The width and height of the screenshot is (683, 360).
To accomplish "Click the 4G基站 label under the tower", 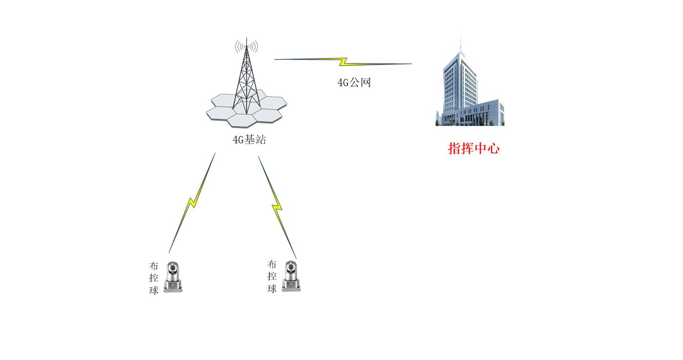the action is (250, 140).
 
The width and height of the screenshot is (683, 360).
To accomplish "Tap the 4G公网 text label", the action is (354, 82).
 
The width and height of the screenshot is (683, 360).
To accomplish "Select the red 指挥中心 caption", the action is (473, 148).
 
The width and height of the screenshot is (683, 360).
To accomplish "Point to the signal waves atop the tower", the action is (246, 46).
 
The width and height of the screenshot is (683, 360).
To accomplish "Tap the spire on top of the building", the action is (460, 44).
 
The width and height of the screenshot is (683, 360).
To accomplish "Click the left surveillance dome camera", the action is (173, 277).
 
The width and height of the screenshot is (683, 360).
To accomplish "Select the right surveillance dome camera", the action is (291, 276).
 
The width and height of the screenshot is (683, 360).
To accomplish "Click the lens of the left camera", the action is (173, 268).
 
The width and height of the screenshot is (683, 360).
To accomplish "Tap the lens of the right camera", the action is (291, 267).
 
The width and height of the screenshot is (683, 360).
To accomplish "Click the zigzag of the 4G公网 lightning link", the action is (344, 62).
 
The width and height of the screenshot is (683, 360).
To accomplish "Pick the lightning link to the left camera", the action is (192, 203).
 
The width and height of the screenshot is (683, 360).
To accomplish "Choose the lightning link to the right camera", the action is (277, 207).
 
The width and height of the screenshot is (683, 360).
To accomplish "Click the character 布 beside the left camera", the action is (154, 266).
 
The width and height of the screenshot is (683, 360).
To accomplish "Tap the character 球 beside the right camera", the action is (272, 288).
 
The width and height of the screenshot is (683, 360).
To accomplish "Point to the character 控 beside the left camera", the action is (154, 278).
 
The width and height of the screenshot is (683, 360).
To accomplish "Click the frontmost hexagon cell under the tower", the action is (243, 121).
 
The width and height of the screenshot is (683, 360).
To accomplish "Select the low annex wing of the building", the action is (482, 113).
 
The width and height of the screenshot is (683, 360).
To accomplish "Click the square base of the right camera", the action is (291, 286).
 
